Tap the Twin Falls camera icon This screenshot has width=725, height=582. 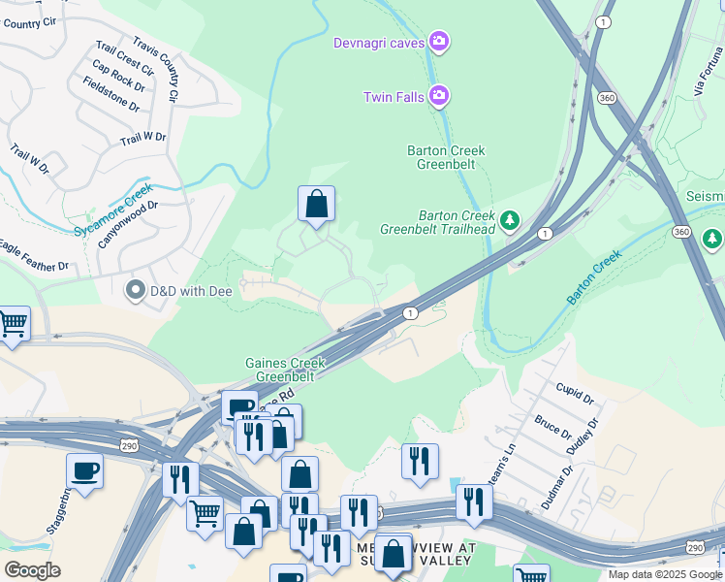click(x=439, y=95)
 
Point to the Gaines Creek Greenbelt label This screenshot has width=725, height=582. click(x=284, y=370)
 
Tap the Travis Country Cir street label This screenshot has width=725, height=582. click(x=157, y=71)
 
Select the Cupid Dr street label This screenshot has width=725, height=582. click(x=573, y=393)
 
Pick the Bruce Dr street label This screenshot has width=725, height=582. click(x=552, y=428)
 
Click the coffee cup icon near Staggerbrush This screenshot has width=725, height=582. click(x=84, y=471)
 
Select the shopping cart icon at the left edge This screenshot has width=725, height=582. click(x=13, y=324)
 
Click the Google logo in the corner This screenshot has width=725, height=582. click(x=32, y=570)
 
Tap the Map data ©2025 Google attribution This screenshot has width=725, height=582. click(x=664, y=574)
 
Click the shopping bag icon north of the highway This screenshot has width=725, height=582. click(x=316, y=204)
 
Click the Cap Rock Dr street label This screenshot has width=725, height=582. click(x=118, y=79)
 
